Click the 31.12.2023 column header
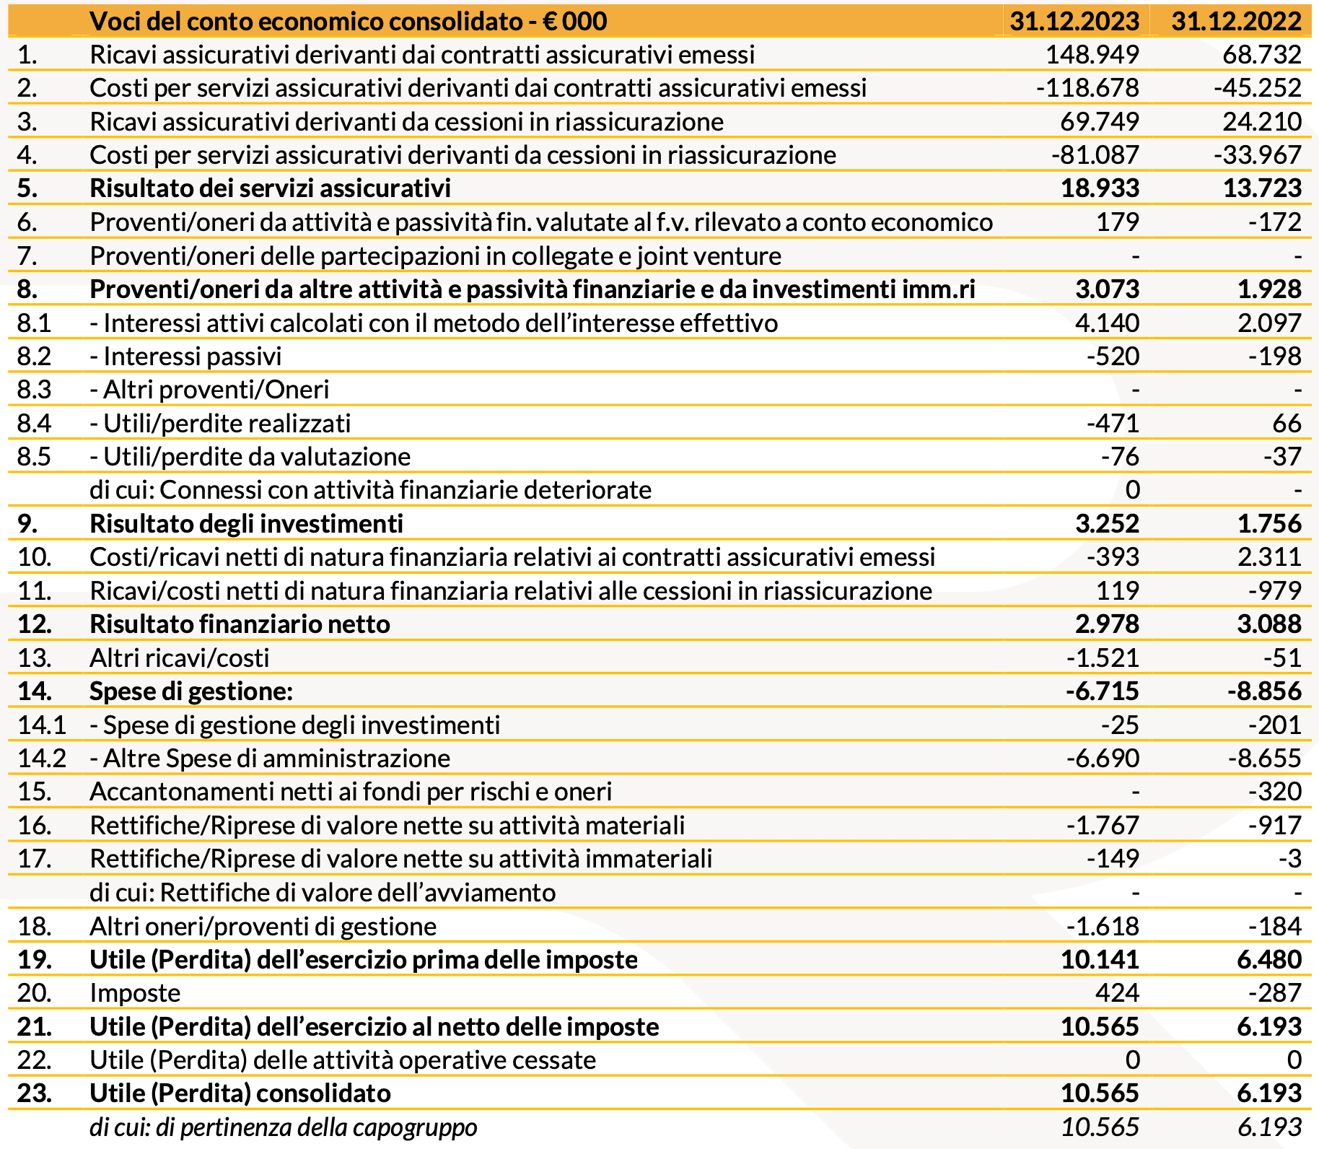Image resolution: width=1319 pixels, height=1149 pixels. pos(1074,21)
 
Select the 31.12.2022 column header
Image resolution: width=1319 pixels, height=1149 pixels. pos(1236,21)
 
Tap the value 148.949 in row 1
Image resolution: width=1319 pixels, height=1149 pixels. pos(1092,55)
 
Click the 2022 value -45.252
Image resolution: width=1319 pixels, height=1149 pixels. pos(1258,88)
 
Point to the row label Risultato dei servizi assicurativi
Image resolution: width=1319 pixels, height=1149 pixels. pos(270,188)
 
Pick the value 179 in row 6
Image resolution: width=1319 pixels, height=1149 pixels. pos(1117,222)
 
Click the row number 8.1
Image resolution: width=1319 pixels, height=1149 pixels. pos(34,323)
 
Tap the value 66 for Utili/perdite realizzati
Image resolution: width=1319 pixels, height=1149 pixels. pos(1287,424)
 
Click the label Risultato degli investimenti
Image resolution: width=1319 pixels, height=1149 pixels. pos(246,524)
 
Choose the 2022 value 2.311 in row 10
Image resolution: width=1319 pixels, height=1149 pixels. pos(1269,557)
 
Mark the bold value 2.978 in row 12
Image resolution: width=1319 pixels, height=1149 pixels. pos(1107,624)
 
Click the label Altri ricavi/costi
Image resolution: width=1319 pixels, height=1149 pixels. pos(179,658)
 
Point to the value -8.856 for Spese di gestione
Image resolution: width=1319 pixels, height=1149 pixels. pos(1264,691)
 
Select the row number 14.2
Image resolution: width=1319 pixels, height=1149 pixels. pos(41,759)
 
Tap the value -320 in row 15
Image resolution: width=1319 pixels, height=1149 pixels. pos(1275,792)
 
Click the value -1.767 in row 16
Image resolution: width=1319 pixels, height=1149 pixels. pos(1103,826)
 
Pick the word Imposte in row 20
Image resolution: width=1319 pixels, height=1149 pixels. pos(135,993)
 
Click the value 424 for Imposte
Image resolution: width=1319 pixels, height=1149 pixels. pos(1117,993)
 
